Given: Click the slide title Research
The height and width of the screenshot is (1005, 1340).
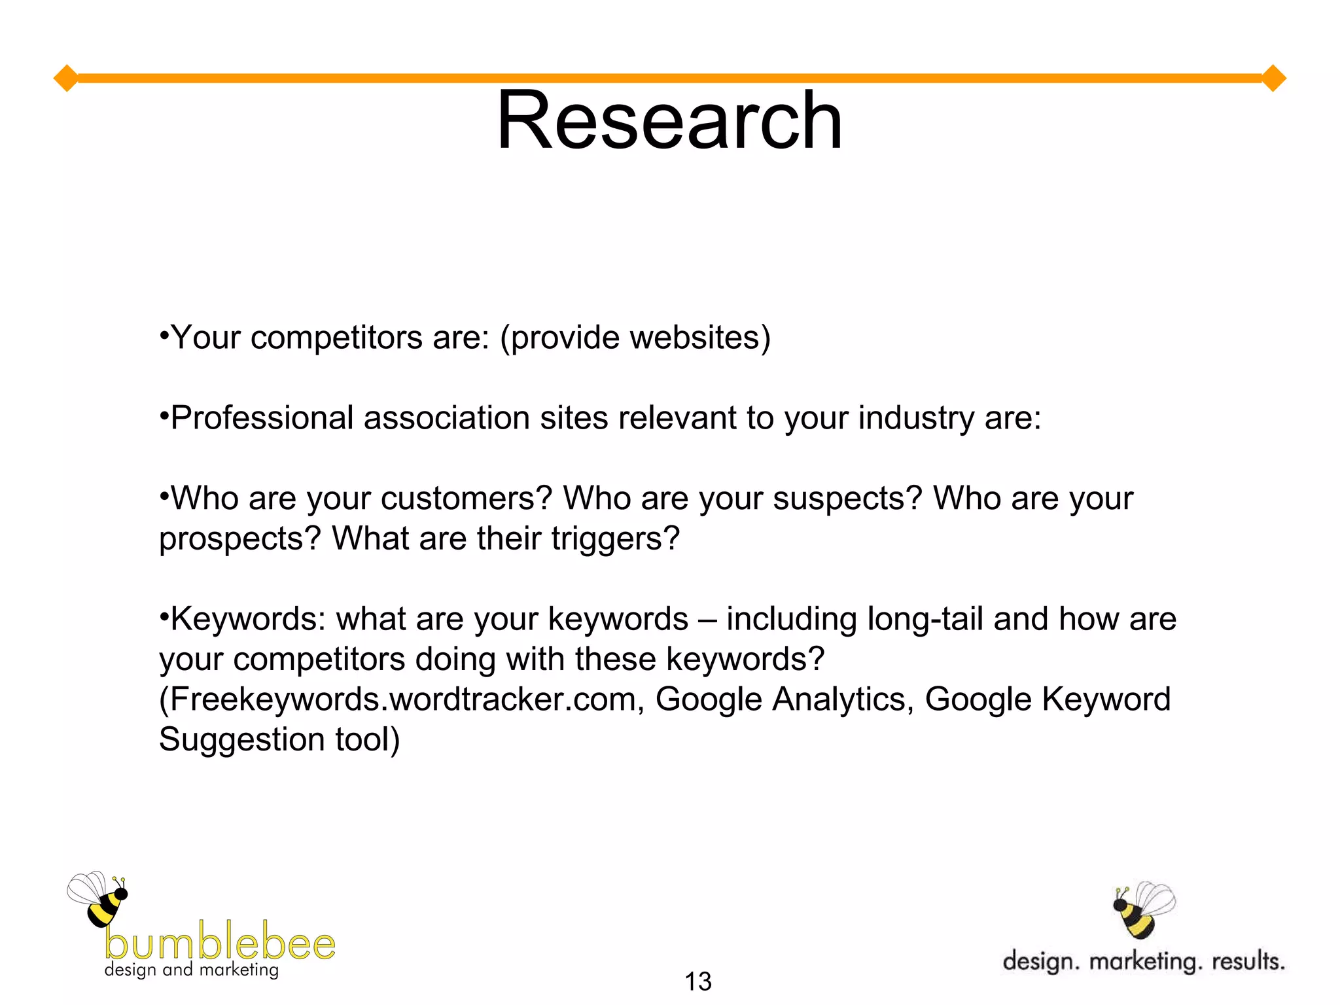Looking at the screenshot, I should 669,121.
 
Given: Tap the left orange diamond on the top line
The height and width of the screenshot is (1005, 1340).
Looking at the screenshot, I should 66,79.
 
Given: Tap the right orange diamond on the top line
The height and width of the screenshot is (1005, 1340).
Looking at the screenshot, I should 1273,79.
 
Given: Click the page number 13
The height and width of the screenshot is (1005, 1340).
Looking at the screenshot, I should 697,981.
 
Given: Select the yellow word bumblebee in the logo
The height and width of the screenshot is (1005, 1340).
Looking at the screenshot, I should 220,942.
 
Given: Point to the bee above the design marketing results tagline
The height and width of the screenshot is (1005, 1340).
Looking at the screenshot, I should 1142,908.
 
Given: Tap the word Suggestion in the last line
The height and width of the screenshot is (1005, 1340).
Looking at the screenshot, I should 241,740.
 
